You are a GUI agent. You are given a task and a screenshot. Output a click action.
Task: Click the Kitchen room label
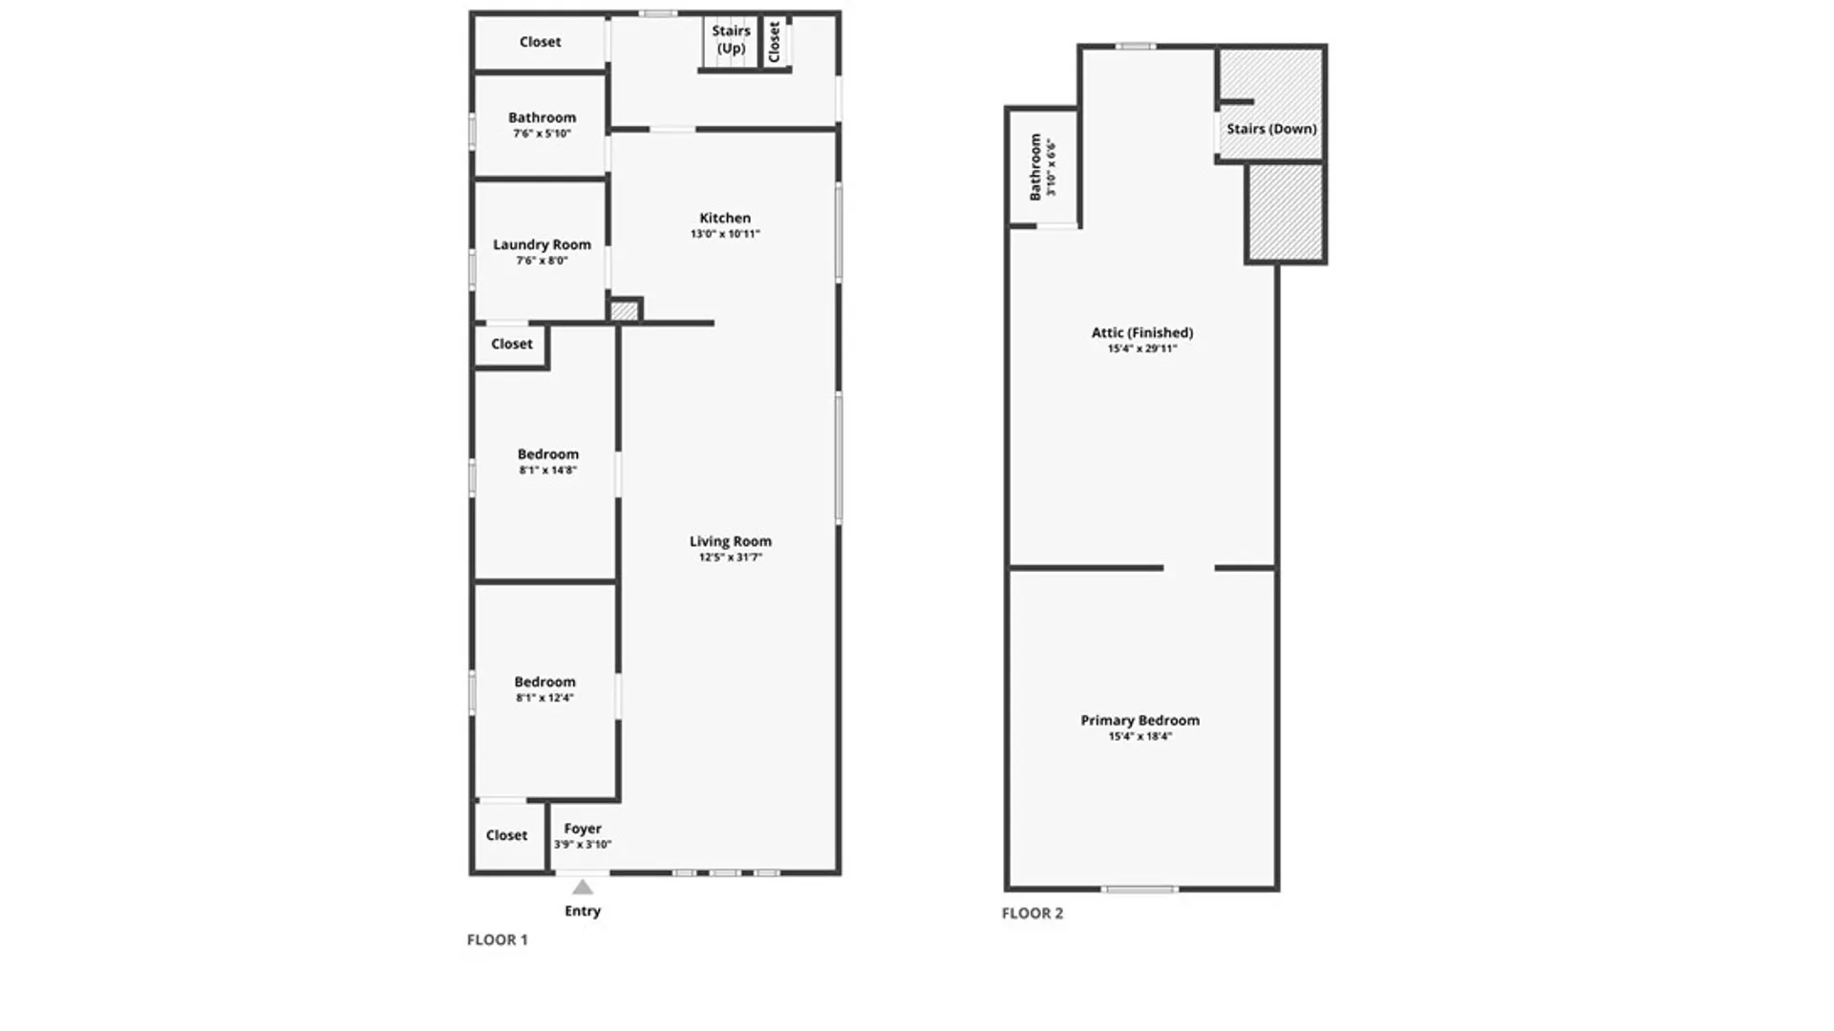tap(725, 218)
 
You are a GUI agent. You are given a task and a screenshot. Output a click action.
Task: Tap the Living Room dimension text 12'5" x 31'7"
tap(731, 558)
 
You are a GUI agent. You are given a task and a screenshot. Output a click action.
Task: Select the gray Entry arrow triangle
tap(583, 887)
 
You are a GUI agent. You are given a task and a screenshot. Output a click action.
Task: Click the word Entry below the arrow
tap(583, 911)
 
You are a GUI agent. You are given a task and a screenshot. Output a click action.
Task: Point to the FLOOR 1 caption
tap(497, 939)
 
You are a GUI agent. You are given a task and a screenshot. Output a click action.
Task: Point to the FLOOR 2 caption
tap(1033, 913)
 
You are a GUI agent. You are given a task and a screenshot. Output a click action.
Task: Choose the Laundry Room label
tap(542, 244)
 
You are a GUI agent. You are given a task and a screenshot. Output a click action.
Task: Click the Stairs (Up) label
tap(731, 39)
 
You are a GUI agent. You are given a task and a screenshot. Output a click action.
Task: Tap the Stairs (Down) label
tap(1271, 129)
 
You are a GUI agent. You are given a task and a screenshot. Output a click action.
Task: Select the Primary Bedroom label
tap(1140, 721)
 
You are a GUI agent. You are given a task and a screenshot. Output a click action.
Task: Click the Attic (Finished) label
tap(1142, 333)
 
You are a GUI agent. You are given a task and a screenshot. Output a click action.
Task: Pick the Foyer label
tap(583, 829)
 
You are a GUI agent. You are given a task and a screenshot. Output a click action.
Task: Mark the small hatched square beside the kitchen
tap(624, 310)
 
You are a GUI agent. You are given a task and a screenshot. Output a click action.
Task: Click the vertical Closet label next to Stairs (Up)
tap(775, 42)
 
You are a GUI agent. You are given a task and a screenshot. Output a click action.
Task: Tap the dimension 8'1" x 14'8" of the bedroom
tap(548, 471)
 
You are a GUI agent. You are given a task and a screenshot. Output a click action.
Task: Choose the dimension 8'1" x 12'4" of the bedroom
tap(544, 698)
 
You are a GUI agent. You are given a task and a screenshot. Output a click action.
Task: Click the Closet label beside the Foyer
tap(506, 835)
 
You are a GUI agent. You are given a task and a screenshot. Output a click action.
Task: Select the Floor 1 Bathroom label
tap(542, 117)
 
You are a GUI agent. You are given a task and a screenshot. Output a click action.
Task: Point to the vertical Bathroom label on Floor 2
tap(1035, 167)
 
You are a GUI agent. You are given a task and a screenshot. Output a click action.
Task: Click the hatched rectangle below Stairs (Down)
tap(1286, 212)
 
